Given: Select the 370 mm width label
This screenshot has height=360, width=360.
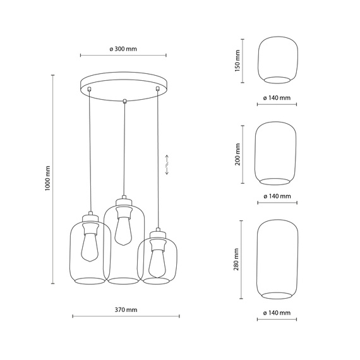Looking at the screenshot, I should pos(126,310).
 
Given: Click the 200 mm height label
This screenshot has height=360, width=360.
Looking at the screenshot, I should pos(238,153).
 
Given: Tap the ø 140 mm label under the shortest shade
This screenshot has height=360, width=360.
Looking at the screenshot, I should pos(277,98).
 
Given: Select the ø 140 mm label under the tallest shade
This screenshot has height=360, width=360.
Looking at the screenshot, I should pos(277,313).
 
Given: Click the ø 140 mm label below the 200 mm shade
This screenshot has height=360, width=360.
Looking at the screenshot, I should pos(277,196).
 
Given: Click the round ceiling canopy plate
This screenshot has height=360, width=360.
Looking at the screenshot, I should pos(124,85).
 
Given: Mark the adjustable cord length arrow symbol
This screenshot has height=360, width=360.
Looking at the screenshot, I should pos(167,164).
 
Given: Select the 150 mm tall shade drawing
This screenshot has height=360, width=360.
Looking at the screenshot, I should pos(277,61).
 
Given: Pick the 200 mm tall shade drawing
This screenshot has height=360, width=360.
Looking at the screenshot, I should pos(277,154).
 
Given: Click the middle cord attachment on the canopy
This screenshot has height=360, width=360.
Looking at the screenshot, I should pos(124,100).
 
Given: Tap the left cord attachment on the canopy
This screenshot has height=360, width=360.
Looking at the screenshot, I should pos(90,90).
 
